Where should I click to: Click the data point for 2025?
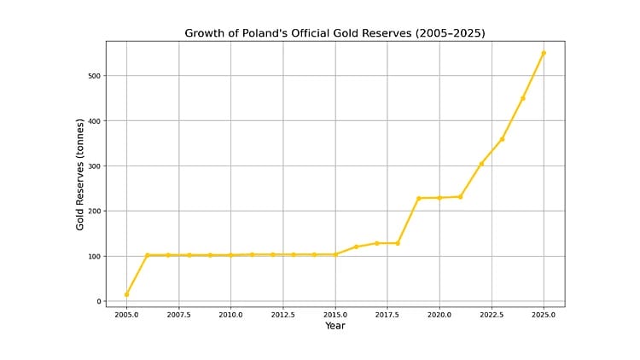coord(544,53)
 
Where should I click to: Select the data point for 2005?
coord(126,295)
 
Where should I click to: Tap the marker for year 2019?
coord(419,199)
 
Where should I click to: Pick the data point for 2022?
coord(481,164)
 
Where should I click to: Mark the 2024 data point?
coord(523,98)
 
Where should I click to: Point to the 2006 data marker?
coord(148,255)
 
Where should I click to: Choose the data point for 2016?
coord(356,247)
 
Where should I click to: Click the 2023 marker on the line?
coord(502,139)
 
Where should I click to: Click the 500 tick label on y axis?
coord(94,76)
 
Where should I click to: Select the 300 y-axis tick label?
coord(94,166)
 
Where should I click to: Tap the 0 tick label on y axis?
coord(98,302)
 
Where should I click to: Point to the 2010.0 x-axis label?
coord(230,315)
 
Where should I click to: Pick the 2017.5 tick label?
coord(387,315)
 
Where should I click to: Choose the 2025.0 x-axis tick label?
coord(544,315)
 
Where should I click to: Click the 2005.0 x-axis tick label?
coord(126,315)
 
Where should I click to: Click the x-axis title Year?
coord(335,326)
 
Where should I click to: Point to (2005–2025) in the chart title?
coord(446,33)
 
